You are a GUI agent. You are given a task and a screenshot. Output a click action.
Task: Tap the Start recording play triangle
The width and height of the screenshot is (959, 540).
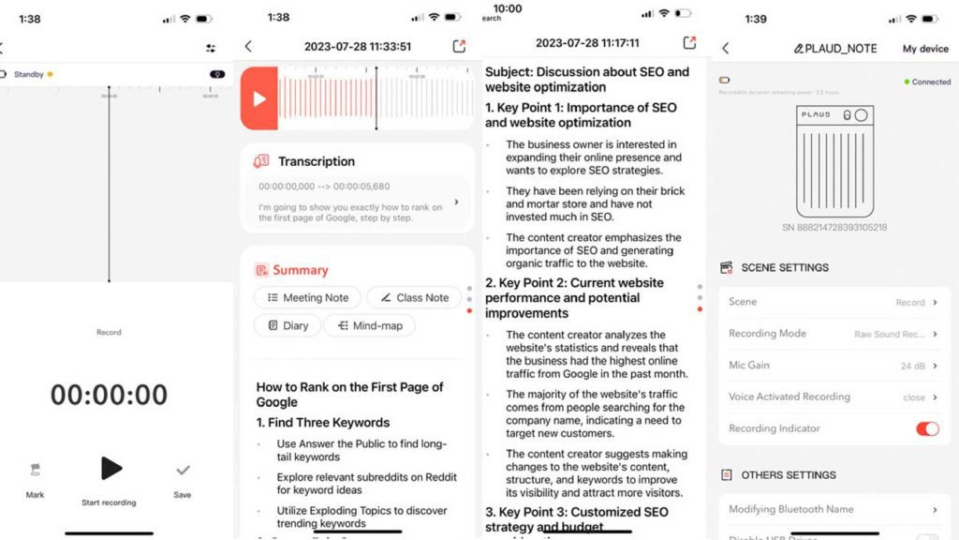tap(111, 468)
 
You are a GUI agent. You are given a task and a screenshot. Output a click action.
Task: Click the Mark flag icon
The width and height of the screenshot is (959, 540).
tap(36, 471)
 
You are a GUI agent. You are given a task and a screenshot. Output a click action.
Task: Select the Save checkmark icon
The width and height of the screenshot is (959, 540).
tap(183, 471)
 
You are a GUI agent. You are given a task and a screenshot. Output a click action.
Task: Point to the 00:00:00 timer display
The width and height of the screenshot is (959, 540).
tap(110, 395)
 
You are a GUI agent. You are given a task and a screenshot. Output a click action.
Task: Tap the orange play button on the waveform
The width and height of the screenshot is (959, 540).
tap(259, 98)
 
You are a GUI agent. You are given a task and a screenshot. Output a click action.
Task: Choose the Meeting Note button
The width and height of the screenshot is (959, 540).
tap(307, 297)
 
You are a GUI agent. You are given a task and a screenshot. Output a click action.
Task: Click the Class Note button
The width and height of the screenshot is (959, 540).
tap(413, 297)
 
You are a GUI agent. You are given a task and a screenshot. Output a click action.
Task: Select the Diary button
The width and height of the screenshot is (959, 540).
tap(287, 325)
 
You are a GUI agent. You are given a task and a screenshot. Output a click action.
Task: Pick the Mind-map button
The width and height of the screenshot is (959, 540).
tap(369, 325)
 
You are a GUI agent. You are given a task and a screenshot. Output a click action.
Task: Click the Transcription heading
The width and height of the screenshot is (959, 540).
tap(316, 161)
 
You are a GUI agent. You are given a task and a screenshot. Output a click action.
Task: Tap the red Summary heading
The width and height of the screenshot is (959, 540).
tap(300, 270)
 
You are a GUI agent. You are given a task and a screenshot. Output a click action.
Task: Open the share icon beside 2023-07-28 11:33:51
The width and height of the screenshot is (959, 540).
tap(459, 46)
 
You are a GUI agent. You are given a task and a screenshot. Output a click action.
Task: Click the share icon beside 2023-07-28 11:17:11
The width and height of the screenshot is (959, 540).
tap(689, 42)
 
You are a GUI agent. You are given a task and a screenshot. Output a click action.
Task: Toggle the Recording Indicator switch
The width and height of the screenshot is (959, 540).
tap(926, 428)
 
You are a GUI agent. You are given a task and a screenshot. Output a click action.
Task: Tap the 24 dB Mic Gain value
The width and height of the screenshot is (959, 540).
tap(912, 366)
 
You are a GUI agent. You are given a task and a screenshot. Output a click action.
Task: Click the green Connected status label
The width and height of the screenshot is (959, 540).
tap(930, 82)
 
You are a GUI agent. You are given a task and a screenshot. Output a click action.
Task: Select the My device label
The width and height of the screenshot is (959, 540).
tap(924, 49)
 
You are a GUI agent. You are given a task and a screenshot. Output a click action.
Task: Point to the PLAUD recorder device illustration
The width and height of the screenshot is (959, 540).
tap(834, 160)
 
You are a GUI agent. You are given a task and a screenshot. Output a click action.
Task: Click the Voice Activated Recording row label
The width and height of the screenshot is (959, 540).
tap(789, 397)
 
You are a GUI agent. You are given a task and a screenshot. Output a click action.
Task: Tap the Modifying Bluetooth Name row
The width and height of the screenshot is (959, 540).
tap(834, 509)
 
